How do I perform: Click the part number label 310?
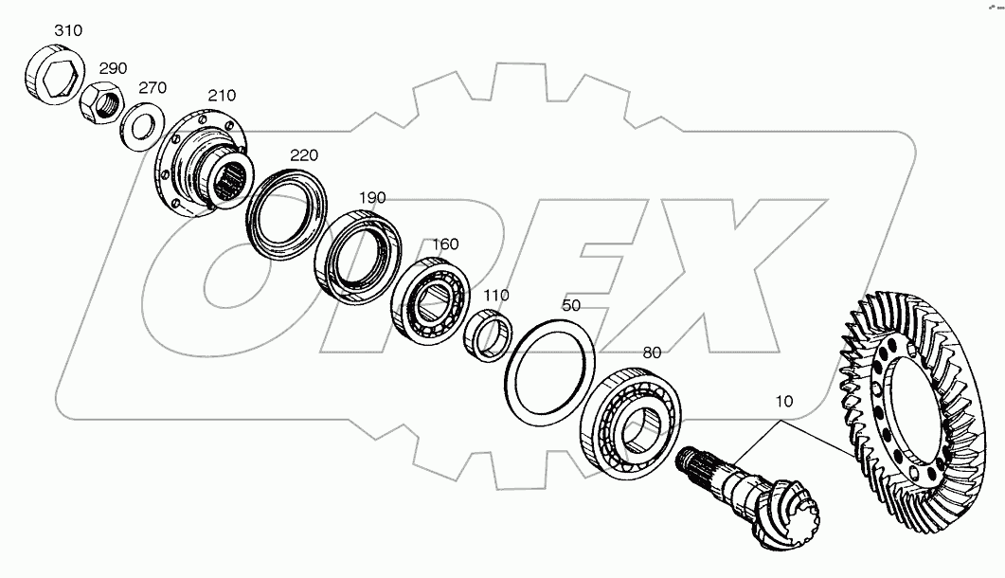click(67, 30)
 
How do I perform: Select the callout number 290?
click(113, 69)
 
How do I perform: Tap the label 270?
click(153, 88)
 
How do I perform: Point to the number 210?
click(222, 96)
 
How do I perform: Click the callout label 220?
click(304, 155)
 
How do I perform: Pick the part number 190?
click(372, 197)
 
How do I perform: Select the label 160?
click(445, 244)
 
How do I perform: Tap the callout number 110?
click(496, 295)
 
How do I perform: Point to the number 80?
click(651, 352)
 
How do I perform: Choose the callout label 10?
click(783, 402)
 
